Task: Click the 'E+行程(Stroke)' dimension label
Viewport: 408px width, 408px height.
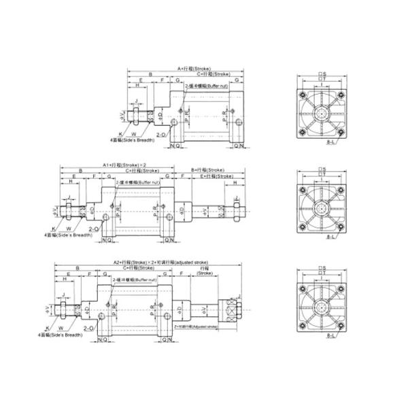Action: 217,175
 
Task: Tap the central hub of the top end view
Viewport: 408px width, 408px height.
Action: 323,114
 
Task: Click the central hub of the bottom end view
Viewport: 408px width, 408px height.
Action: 323,306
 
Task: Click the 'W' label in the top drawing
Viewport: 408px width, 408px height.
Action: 133,134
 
